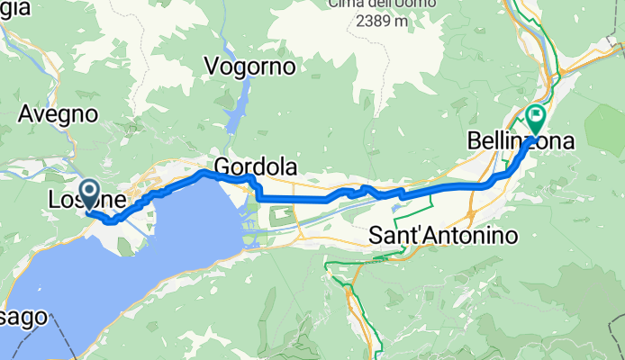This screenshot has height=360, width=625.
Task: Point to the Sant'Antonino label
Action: pyautogui.click(x=445, y=236)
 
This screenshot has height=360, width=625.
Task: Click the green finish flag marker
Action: pyautogui.click(x=538, y=115)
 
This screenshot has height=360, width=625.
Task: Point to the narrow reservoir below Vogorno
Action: pyautogui.click(x=237, y=112)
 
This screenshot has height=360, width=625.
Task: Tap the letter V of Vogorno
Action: pyautogui.click(x=213, y=67)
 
